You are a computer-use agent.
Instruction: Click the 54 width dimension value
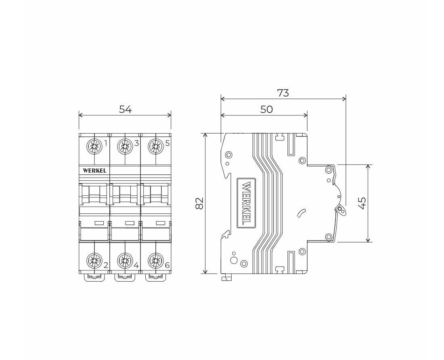(x=125, y=109)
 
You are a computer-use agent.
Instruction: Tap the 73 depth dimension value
(x=283, y=93)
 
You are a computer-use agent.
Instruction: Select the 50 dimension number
(x=266, y=109)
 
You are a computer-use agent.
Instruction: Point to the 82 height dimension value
(x=200, y=203)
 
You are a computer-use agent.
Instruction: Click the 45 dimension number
(x=362, y=203)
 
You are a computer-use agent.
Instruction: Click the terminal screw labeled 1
(x=94, y=147)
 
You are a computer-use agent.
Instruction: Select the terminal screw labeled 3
(x=125, y=147)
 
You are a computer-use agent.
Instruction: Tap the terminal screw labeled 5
(x=156, y=147)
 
